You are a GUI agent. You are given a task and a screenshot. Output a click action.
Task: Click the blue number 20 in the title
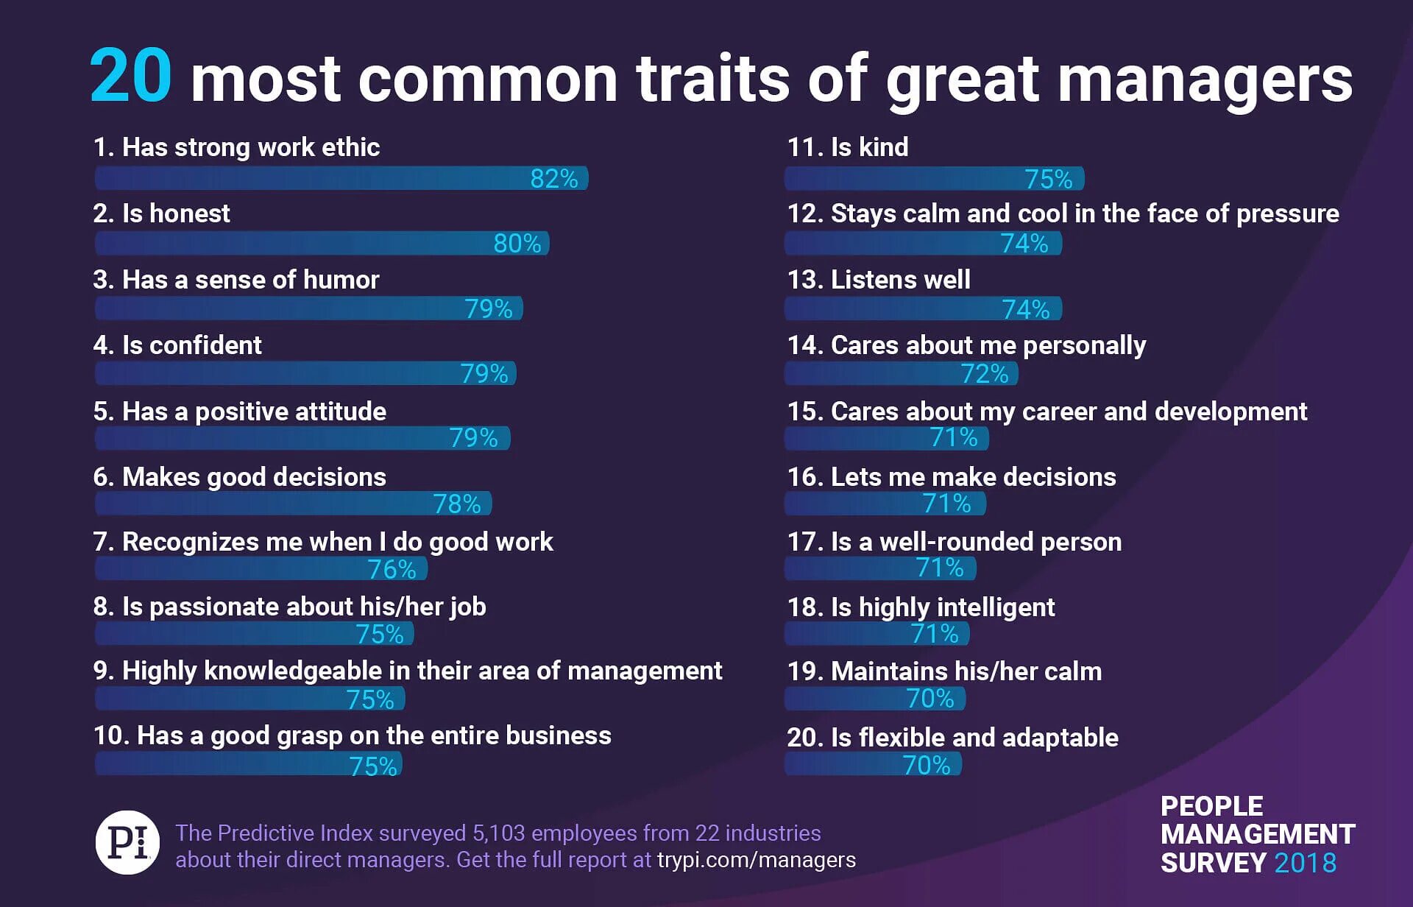pos(131,77)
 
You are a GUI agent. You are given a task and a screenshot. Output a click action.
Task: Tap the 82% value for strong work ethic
pos(554,178)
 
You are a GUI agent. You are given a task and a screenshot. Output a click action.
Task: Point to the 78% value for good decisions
pos(456,504)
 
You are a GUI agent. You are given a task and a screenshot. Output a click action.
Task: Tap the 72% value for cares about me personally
pos(984,374)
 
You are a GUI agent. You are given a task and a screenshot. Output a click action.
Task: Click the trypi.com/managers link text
pos(756,860)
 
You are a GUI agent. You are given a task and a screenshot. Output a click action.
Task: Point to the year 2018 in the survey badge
pos(1305,863)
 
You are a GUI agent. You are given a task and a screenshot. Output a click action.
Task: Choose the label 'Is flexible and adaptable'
pos(952,738)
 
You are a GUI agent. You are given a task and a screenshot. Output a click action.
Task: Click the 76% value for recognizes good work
pos(392,569)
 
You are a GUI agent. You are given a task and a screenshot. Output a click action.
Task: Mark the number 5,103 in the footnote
pos(498,833)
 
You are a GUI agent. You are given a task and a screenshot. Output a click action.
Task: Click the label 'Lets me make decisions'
pos(951,477)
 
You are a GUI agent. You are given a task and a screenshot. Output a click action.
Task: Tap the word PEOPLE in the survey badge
pos(1211,806)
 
